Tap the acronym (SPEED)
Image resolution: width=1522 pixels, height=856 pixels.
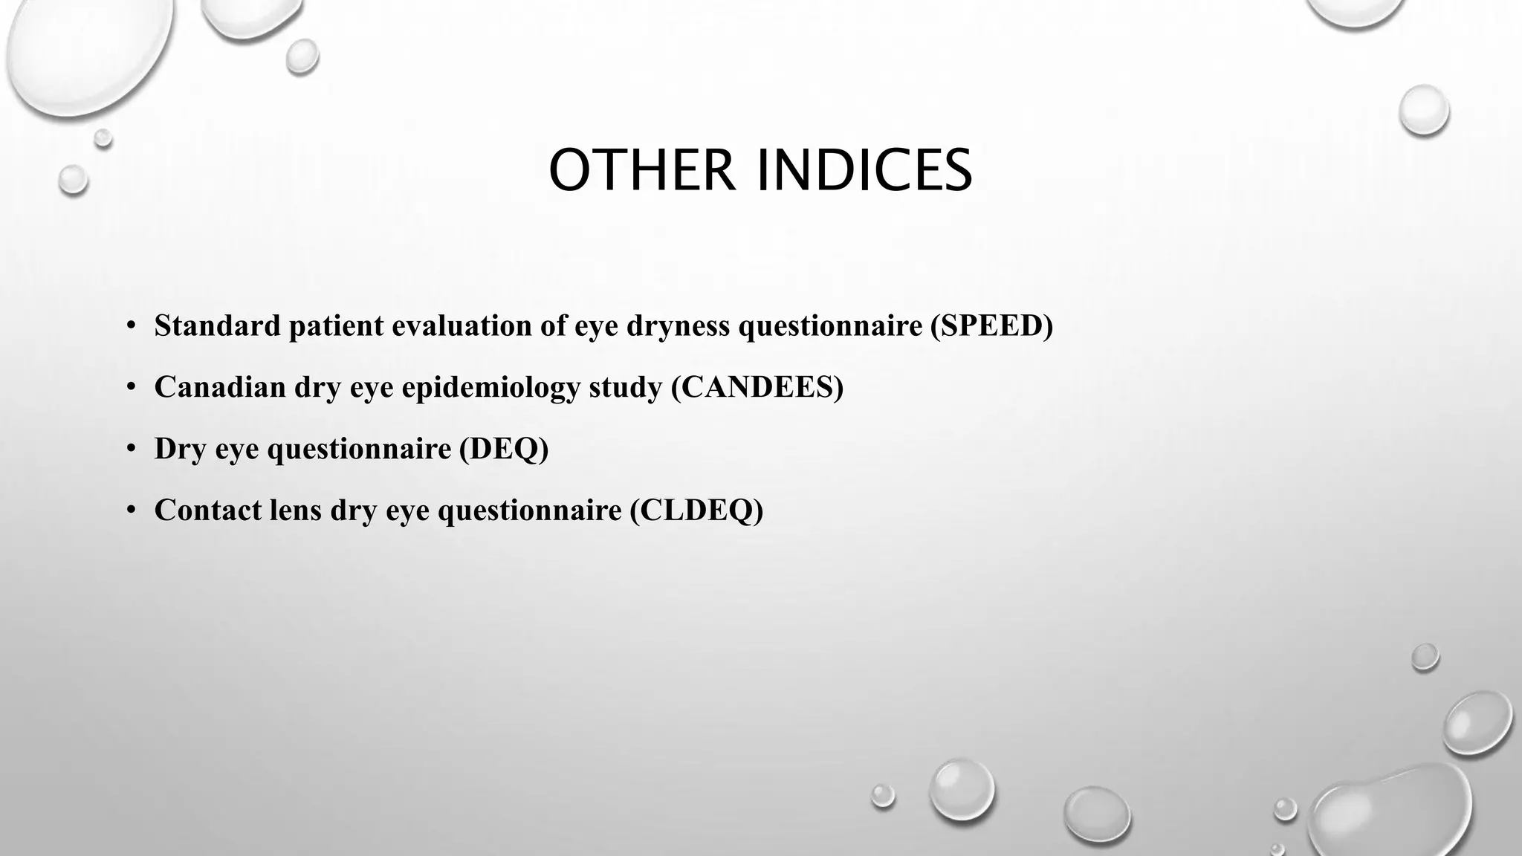[991, 325]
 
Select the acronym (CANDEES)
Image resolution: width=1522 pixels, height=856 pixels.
[757, 387]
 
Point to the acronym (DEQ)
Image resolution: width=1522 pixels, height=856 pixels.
[503, 448]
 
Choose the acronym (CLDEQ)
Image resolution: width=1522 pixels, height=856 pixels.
[696, 510]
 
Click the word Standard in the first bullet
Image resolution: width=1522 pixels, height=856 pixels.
[218, 325]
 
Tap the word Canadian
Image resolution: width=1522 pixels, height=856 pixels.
[220, 387]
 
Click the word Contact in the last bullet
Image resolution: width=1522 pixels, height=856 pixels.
[208, 510]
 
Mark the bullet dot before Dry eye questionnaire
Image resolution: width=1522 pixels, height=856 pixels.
[131, 449]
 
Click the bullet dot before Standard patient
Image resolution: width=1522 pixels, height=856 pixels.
[131, 326]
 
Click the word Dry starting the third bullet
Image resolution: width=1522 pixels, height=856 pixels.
[180, 450]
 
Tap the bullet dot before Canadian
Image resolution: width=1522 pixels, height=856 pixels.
[131, 388]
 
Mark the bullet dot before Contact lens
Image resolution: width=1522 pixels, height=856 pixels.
[131, 510]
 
